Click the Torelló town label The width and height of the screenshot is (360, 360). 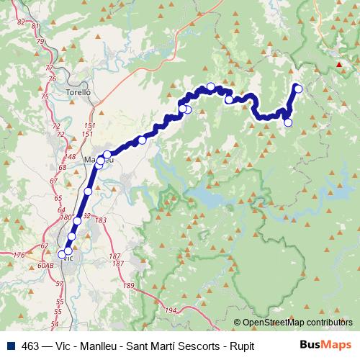point(77,94)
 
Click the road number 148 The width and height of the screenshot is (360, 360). point(71,156)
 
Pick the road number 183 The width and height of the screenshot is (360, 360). point(101,220)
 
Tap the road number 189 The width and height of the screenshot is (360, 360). point(129,286)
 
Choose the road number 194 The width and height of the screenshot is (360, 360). point(171,310)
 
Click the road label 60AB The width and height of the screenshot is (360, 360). point(45,266)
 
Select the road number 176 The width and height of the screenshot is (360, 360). point(19,255)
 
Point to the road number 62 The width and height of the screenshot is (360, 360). point(45,246)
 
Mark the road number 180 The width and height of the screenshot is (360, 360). point(66,217)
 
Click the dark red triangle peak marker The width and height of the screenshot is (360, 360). point(339,64)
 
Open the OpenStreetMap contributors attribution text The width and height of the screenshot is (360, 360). point(297,323)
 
